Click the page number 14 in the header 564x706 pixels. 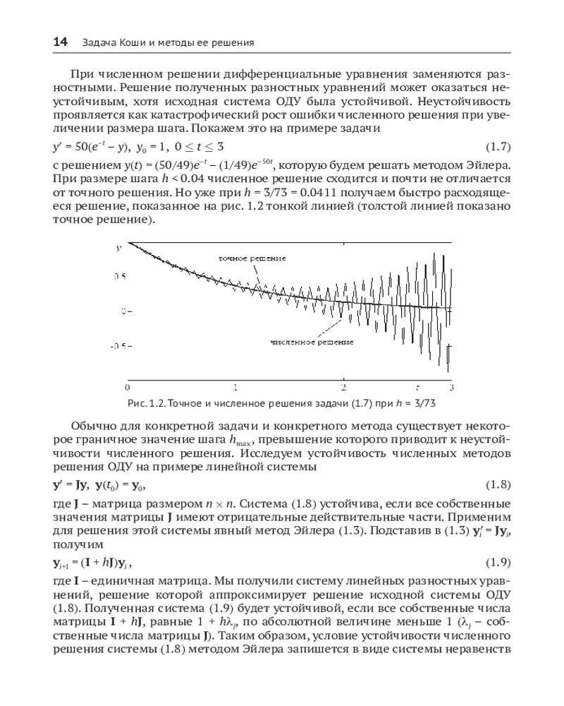[60, 43]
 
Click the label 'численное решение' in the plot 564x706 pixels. [310, 341]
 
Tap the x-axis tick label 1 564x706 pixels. [235, 388]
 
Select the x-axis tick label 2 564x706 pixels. [343, 388]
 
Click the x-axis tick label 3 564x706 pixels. [451, 388]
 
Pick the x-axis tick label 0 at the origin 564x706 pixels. [128, 388]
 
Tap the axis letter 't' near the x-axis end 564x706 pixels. [417, 387]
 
